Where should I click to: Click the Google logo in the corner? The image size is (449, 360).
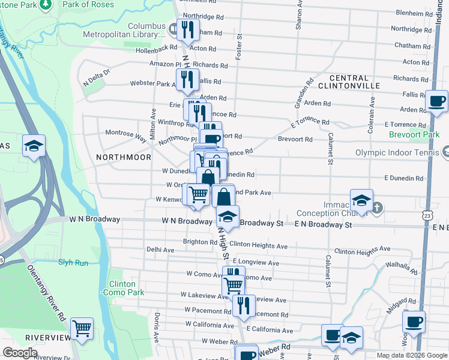[x=20, y=353]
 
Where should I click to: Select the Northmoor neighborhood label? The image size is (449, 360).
[x=123, y=157]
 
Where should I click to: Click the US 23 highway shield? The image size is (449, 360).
[x=426, y=214]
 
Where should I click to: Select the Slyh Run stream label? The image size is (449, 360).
[x=73, y=263]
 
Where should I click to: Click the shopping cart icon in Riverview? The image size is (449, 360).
[x=82, y=328]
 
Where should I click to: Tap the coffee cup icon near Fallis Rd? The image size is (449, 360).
[x=436, y=101]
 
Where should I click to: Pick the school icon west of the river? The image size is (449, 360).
[x=34, y=146]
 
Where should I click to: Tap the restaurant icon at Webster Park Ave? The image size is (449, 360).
[x=187, y=79]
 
